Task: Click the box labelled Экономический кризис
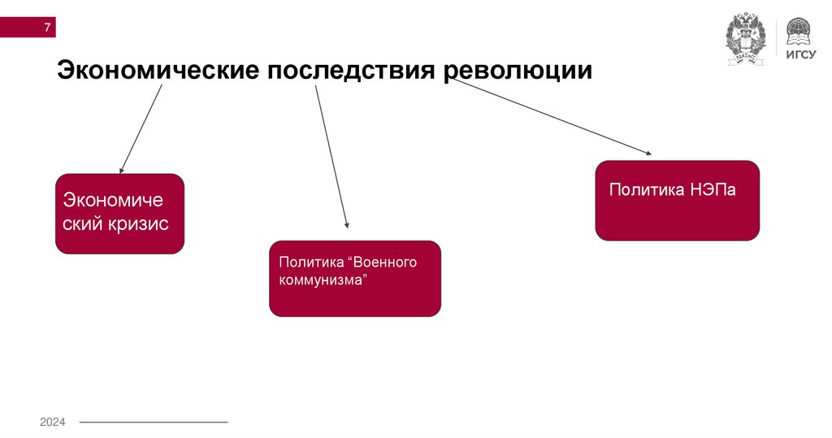point(119,214)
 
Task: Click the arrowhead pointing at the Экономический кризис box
point(121,171)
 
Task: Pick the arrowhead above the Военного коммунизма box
point(347,225)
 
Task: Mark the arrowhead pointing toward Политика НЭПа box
point(648,152)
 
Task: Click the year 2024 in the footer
point(53,422)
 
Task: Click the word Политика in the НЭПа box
point(647,190)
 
